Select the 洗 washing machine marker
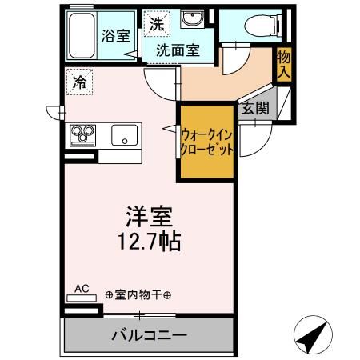[x=156, y=24]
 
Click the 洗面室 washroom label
[x=178, y=50]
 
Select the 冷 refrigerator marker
[x=80, y=81]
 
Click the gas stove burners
[x=84, y=134]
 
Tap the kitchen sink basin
[x=125, y=134]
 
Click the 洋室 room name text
[x=150, y=218]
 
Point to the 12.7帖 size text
[x=150, y=242]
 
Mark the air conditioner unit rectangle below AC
[x=82, y=297]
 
